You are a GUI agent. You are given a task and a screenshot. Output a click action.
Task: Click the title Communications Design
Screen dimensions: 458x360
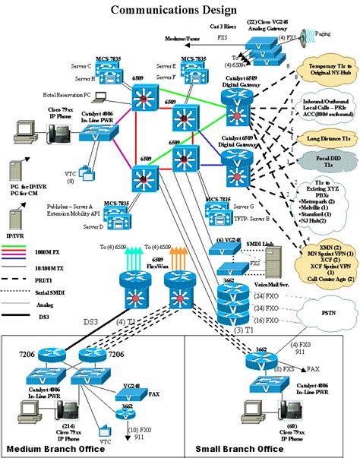click(161, 10)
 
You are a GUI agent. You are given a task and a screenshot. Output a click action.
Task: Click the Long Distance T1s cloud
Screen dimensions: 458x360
click(329, 139)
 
